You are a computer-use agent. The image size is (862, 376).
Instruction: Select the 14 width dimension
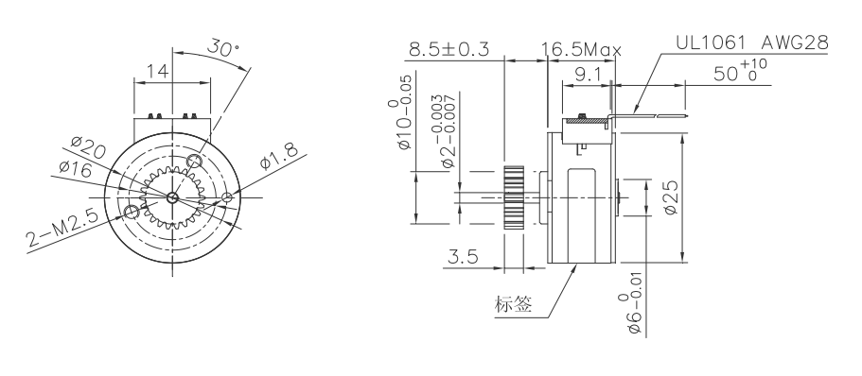click(x=157, y=70)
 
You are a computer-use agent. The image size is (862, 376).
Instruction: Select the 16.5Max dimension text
click(x=580, y=50)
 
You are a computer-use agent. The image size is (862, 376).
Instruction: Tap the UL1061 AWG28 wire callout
click(x=751, y=44)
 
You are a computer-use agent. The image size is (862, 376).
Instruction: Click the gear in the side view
click(x=514, y=197)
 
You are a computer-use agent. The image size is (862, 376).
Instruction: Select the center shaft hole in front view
click(x=171, y=197)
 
